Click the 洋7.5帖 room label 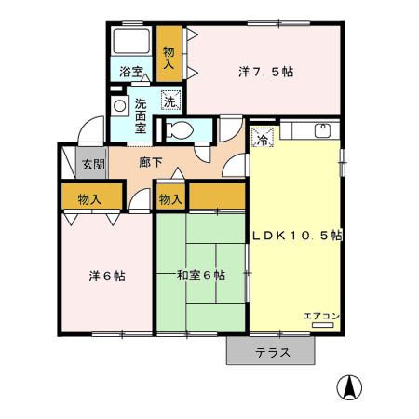point(266,71)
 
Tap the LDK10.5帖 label point(297,236)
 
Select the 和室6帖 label point(201,275)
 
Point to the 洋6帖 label point(108,276)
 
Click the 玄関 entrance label point(91,166)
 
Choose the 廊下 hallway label point(151,162)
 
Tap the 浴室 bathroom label point(130,71)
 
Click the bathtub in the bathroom point(131,42)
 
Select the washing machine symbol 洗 point(170,102)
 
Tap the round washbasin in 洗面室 point(118,106)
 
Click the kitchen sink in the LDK point(321,130)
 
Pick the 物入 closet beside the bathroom point(169,58)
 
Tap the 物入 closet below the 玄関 point(90,198)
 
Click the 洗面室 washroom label point(141,115)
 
